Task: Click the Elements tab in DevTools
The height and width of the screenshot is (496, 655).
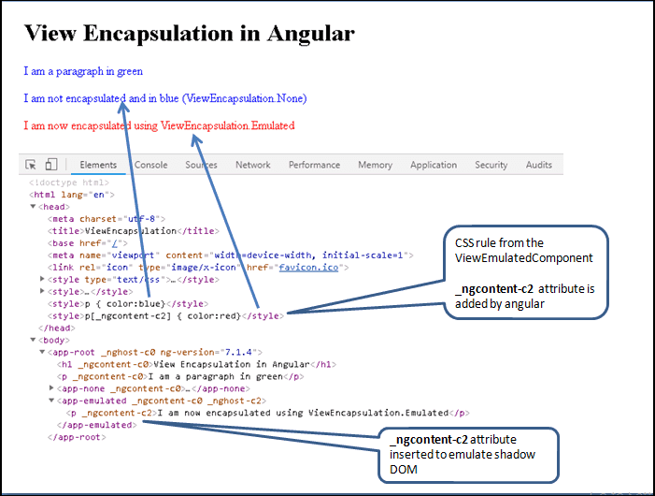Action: [x=98, y=165]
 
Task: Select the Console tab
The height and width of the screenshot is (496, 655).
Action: [x=150, y=165]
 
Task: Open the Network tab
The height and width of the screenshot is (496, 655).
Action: [x=252, y=165]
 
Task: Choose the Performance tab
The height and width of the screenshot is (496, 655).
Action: [x=314, y=165]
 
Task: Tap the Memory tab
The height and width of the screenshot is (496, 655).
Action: [x=375, y=165]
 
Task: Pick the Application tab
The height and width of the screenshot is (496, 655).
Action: [x=434, y=165]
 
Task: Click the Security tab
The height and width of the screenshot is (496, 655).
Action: [x=491, y=165]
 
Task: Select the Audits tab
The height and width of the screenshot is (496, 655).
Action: [x=539, y=165]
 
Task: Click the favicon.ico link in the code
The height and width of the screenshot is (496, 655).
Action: [x=308, y=268]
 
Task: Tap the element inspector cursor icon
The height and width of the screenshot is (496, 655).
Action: [x=31, y=165]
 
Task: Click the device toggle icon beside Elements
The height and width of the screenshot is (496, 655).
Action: [x=51, y=164]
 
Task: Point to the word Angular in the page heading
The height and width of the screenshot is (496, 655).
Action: [x=311, y=33]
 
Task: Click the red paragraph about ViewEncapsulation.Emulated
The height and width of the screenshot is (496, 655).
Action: [x=159, y=125]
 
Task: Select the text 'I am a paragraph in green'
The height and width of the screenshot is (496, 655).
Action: [x=83, y=71]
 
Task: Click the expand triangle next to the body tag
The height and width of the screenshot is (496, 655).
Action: [x=33, y=340]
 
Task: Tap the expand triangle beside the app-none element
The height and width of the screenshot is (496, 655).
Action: [x=51, y=388]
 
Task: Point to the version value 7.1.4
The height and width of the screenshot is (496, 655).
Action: [x=239, y=352]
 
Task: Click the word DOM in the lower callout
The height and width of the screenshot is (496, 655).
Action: [x=404, y=470]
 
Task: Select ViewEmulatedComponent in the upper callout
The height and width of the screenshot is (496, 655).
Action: [x=524, y=258]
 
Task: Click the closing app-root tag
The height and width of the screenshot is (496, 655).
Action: [x=77, y=437]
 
